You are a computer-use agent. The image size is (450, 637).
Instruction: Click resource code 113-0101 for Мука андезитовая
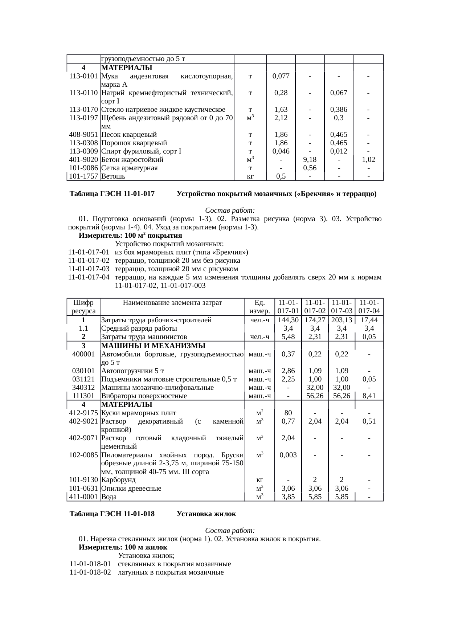tap(83, 76)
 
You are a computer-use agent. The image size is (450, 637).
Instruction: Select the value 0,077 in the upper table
tap(281, 76)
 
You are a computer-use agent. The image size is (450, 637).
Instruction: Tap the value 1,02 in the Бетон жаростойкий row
tap(368, 160)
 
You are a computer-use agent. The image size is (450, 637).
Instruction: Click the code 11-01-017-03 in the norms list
tap(89, 269)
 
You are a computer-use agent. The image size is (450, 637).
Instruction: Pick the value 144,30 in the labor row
tap(288, 320)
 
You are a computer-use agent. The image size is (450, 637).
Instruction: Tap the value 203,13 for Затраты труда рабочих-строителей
tap(341, 320)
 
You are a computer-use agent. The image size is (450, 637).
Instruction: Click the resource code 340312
tap(83, 388)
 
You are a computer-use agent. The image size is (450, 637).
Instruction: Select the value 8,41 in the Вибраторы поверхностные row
tap(369, 396)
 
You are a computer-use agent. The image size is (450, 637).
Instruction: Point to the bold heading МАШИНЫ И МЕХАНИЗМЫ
tap(153, 346)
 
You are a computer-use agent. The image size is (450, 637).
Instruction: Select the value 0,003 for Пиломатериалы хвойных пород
tap(288, 455)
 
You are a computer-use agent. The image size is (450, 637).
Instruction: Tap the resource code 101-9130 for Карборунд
tap(83, 480)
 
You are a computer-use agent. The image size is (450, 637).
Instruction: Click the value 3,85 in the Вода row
tap(288, 497)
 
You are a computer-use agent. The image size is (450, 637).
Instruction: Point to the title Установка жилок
tap(206, 514)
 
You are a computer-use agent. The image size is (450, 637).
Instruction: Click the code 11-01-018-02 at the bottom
tap(90, 572)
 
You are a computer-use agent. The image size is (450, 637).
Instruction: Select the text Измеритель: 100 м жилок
tap(123, 547)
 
